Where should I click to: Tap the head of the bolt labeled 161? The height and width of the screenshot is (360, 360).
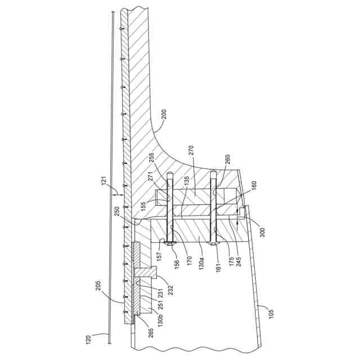pos(213,244)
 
